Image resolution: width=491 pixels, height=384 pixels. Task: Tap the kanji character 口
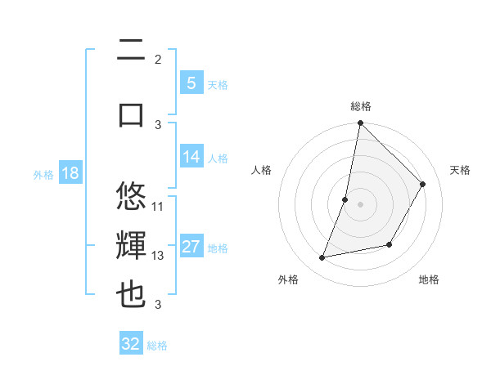coord(131,114)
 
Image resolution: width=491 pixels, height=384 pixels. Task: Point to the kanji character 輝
coord(131,246)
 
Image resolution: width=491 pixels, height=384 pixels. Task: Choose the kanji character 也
coord(131,295)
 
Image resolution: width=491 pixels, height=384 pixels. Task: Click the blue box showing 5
coord(191,83)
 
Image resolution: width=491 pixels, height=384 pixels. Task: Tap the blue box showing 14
coord(191,156)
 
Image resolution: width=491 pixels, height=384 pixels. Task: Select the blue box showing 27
coord(191,247)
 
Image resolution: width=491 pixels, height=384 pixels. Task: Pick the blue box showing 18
coord(70,173)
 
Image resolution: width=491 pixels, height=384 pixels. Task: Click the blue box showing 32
coord(131,344)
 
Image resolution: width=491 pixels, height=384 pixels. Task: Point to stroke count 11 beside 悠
coord(158,206)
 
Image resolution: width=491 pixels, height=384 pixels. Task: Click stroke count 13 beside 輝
coord(158,256)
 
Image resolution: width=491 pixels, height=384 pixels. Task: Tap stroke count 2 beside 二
coord(158,59)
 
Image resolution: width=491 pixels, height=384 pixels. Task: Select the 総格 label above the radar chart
coord(361,106)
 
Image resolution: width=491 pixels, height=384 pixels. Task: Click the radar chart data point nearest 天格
coord(423,184)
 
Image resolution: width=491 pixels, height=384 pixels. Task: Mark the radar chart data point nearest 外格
coord(322,258)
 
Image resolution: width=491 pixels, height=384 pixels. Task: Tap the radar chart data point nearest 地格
coord(390,244)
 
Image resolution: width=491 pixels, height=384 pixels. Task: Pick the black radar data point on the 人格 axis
coord(345,199)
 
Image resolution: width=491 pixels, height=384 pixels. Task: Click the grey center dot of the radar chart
coord(361,204)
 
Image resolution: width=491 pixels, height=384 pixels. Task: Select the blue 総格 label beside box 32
coord(157,346)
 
